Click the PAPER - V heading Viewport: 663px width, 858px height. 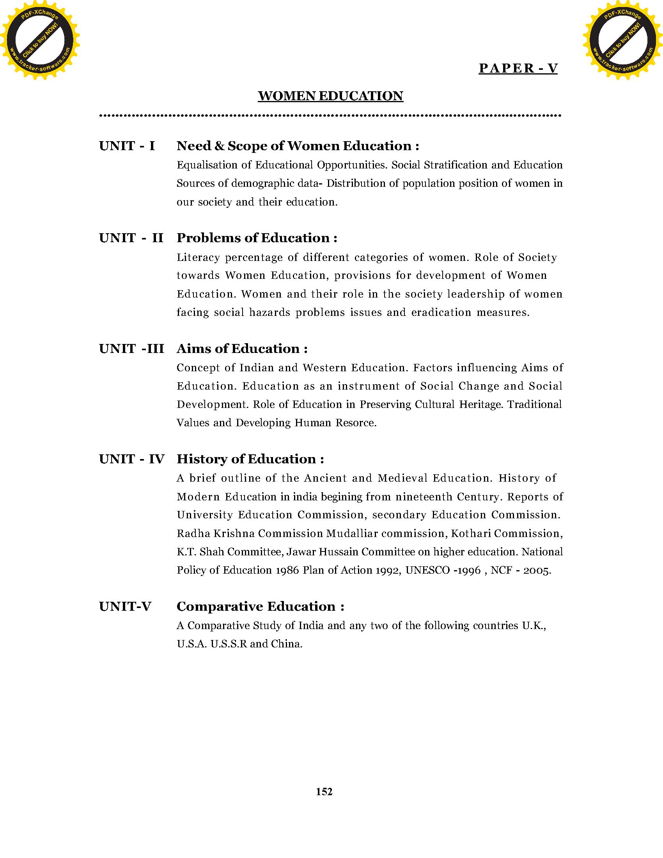(518, 68)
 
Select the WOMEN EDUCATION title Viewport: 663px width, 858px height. (330, 96)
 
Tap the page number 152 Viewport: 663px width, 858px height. (324, 792)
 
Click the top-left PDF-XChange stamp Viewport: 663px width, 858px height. (40, 40)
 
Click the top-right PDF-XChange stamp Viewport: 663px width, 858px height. (622, 40)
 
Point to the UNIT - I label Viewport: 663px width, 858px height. (127, 146)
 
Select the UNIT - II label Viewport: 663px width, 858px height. (131, 238)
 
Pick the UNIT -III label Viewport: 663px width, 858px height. (131, 348)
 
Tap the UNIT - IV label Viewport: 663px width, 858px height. (131, 459)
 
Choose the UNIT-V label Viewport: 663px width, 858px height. (125, 606)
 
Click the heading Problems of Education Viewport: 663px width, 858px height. (257, 238)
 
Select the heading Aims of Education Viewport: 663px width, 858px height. (242, 348)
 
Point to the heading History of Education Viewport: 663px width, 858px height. (250, 459)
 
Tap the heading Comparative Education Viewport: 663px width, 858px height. (260, 606)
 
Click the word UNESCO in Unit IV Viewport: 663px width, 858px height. (427, 570)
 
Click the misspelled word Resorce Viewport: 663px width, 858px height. (356, 423)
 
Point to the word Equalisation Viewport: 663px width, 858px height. (207, 165)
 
